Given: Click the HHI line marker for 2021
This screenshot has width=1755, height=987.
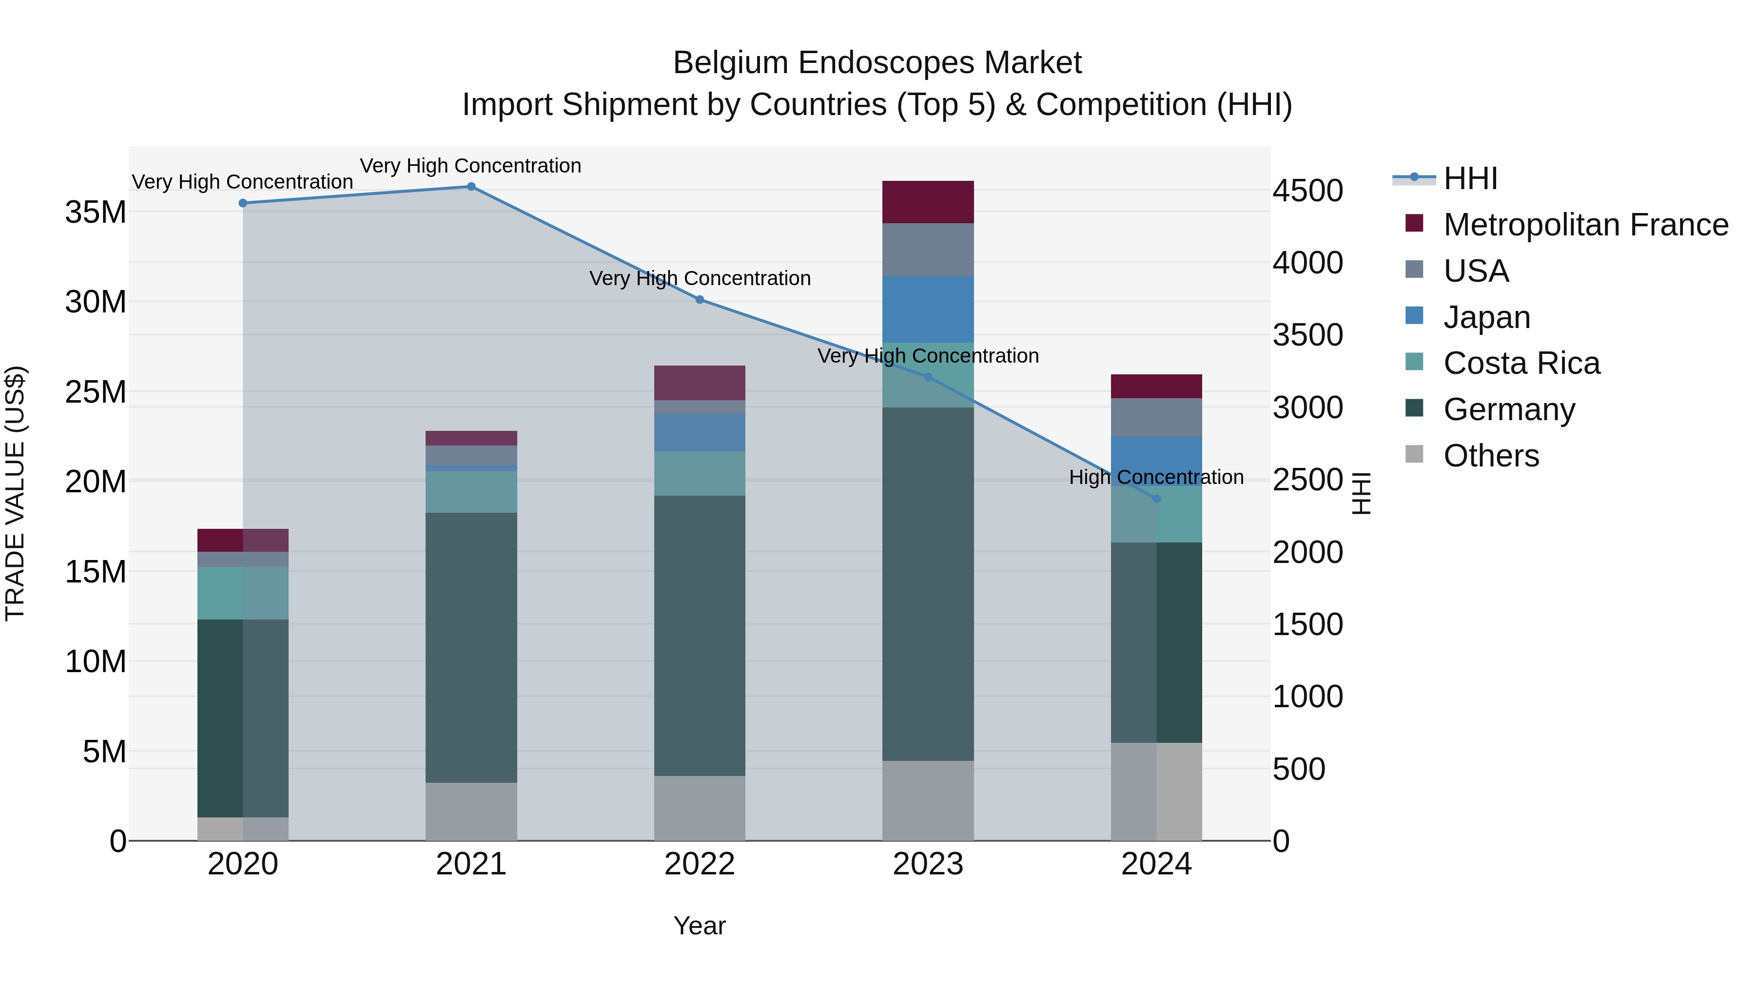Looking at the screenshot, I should (471, 187).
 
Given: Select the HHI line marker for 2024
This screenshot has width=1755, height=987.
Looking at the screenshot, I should (1156, 499).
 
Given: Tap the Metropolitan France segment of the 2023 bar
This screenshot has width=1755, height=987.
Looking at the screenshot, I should (928, 202).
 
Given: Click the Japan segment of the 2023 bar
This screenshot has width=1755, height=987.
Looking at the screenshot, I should (928, 309).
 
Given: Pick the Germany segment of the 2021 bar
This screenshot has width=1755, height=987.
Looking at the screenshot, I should (471, 647).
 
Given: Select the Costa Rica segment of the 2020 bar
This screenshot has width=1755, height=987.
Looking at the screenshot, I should (243, 593).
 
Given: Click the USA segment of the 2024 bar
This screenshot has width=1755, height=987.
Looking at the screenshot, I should (1156, 417).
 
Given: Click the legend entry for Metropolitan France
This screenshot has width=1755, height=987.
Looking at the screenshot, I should (1585, 225).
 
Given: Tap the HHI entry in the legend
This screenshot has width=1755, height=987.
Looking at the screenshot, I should (1470, 178).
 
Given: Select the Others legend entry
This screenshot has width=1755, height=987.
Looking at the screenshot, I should (1491, 456).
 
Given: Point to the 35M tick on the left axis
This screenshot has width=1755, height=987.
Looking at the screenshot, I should (96, 212).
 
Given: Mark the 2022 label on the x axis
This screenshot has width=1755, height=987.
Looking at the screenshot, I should (700, 864).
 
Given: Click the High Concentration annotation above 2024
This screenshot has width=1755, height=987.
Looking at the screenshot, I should (1156, 477).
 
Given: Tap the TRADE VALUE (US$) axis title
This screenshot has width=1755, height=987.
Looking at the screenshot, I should (15, 493).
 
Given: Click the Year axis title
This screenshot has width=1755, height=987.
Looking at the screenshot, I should (700, 926).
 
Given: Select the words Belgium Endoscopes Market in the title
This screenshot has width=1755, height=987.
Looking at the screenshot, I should (877, 63).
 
